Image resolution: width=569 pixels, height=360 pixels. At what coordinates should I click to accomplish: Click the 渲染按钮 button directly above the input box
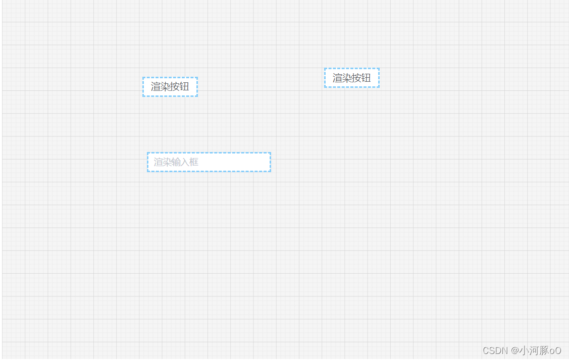click(x=170, y=87)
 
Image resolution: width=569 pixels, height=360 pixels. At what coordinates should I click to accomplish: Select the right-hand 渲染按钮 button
click(x=351, y=78)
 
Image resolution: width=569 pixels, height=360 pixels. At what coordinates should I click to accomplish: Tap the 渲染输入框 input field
click(x=209, y=162)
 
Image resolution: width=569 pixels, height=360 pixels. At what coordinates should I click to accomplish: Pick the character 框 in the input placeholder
click(x=193, y=162)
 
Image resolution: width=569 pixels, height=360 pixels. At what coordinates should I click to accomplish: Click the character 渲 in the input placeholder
click(x=158, y=162)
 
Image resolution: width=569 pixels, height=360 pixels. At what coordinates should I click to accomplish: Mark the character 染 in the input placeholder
click(x=167, y=162)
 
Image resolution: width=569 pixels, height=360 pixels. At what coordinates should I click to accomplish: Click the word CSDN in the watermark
click(x=495, y=350)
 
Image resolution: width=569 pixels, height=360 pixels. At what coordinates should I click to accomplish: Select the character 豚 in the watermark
click(x=543, y=350)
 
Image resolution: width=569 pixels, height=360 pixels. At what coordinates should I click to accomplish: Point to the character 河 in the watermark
click(x=534, y=350)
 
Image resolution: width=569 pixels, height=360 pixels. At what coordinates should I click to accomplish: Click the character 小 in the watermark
click(x=524, y=350)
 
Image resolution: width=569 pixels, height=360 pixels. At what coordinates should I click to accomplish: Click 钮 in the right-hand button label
click(x=366, y=78)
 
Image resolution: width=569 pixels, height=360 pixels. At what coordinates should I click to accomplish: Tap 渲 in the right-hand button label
click(x=337, y=78)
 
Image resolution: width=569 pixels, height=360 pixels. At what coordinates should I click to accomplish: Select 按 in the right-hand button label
click(x=356, y=78)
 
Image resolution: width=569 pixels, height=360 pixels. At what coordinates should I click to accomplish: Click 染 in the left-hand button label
click(x=165, y=87)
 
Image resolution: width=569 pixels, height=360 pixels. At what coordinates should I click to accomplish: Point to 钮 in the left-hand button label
click(x=184, y=87)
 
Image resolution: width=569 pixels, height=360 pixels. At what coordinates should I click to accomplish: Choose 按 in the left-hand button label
click(x=175, y=87)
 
